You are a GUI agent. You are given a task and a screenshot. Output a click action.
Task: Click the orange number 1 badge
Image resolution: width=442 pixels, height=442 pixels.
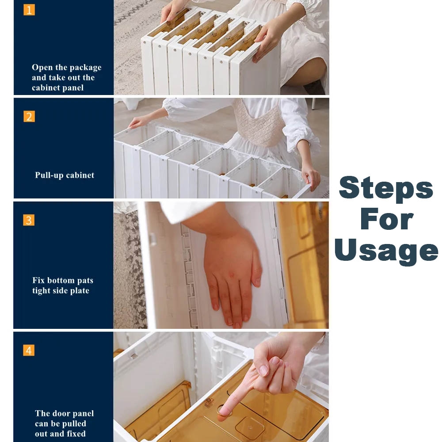(x=29, y=10)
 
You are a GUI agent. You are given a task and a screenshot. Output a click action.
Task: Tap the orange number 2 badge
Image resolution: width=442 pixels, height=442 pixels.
(x=29, y=116)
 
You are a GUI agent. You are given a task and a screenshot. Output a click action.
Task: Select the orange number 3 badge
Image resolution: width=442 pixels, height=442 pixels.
(x=29, y=220)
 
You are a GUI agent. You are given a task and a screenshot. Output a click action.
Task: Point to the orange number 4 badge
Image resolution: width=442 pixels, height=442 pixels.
(x=29, y=351)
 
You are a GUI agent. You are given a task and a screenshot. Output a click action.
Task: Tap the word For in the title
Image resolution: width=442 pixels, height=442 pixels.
(x=387, y=219)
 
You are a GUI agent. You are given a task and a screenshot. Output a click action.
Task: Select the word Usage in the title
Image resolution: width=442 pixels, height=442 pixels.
(x=386, y=251)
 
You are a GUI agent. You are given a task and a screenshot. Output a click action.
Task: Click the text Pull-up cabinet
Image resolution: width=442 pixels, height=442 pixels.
(x=65, y=175)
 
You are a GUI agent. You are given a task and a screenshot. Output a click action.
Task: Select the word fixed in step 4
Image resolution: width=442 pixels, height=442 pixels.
(x=76, y=434)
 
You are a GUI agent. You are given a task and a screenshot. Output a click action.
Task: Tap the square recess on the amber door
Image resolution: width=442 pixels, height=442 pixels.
(x=250, y=428)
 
